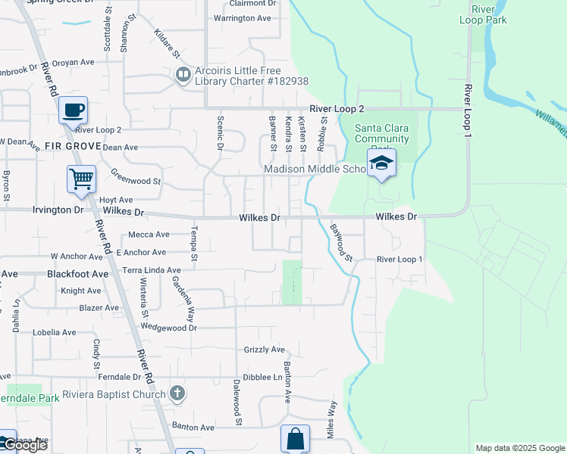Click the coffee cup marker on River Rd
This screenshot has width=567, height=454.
[x=73, y=110]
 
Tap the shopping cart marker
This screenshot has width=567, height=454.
[x=81, y=179]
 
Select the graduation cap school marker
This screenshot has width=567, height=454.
[x=381, y=163]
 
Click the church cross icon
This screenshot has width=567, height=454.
[x=177, y=393]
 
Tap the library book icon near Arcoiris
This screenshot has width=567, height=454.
[x=183, y=75]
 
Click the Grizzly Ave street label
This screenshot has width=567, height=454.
[x=264, y=350]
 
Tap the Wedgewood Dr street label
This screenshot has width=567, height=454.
[x=169, y=328]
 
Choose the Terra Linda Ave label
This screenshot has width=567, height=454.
[x=152, y=270]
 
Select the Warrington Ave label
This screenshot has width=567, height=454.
[x=243, y=18]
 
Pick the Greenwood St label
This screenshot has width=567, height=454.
[x=136, y=182]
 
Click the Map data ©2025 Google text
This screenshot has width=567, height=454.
[x=519, y=448]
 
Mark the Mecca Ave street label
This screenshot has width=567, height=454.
[x=149, y=235]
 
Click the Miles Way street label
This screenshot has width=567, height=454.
[x=331, y=415]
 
